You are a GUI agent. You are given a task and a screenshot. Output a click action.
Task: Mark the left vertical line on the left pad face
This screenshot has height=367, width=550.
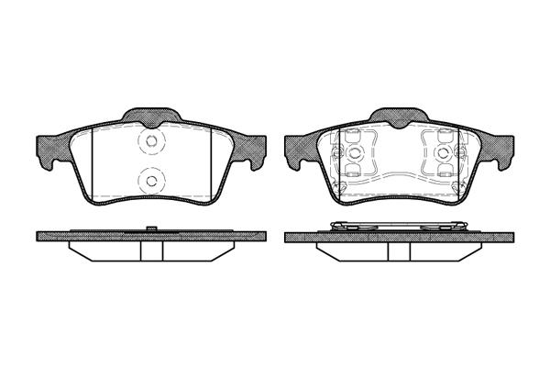coord(93,163)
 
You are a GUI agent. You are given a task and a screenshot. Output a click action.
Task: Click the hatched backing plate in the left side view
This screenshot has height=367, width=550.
coord(92,236)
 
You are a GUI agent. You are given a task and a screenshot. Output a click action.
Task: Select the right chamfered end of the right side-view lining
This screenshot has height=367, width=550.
coord(474,250)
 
